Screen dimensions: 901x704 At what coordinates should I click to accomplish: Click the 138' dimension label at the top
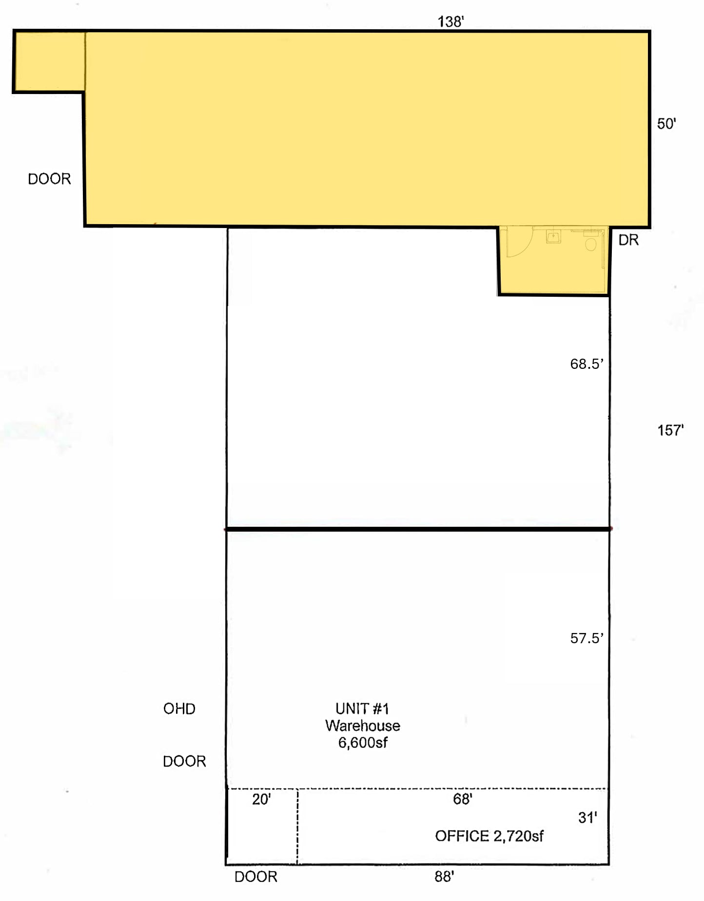pos(450,21)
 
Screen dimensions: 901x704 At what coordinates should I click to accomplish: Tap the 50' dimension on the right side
pos(666,124)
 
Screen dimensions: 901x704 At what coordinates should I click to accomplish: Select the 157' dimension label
pos(670,430)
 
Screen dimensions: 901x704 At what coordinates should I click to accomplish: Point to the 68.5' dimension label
pos(587,364)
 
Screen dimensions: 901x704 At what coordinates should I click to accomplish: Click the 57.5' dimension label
pos(587,638)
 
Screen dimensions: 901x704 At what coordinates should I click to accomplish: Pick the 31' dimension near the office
pos(587,818)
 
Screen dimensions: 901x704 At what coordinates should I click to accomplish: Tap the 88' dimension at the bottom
pos(444,877)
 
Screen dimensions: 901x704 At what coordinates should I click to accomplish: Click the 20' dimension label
pos(261,800)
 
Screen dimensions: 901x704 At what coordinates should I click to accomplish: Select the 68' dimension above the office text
pos(462,799)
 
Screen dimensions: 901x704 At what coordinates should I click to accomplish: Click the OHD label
pos(179,709)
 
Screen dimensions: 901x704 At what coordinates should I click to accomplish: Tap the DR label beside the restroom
pos(628,240)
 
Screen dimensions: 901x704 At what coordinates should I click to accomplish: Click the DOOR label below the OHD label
pos(184,761)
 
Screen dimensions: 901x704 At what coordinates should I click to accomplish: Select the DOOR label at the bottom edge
pos(256,877)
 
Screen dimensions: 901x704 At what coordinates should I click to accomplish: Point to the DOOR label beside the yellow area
pos(49,179)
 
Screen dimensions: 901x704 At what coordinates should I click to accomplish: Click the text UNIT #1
pos(362,709)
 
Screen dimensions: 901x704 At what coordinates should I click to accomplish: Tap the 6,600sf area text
pos(363,743)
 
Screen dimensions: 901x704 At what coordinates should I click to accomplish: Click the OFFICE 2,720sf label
pos(489,836)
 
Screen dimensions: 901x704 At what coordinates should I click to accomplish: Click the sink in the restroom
pos(553,237)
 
